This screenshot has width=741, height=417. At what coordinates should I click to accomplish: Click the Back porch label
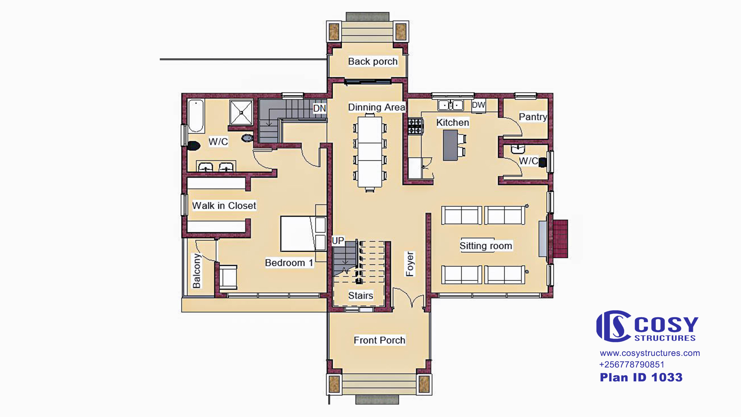(373, 61)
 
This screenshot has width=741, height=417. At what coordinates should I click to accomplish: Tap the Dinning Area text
(377, 107)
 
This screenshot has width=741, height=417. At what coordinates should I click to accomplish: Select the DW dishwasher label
(478, 105)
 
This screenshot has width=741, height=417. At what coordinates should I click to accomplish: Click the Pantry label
(533, 117)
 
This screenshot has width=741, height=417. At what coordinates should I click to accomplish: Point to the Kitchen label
(453, 122)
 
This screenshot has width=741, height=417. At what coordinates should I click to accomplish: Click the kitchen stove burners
(415, 126)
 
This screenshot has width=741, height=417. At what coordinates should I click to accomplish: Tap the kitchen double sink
(450, 105)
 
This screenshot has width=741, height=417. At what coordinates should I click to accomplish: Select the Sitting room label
(486, 246)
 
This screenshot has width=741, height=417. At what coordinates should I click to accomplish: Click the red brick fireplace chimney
(561, 239)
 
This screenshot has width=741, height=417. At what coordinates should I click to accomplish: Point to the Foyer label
(410, 264)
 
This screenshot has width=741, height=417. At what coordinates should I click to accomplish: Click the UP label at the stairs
(338, 241)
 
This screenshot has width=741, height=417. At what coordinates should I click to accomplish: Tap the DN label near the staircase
(320, 108)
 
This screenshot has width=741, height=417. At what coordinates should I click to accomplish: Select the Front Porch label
(379, 340)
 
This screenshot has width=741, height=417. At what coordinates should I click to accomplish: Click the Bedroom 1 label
(289, 263)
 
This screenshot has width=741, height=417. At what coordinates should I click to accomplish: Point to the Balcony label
(197, 271)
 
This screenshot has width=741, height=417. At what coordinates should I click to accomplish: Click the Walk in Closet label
(224, 206)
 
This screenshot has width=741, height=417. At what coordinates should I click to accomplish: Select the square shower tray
(241, 112)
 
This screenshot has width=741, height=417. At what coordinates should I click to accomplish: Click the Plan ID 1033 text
(641, 377)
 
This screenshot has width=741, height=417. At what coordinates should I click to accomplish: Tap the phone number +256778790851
(632, 364)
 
